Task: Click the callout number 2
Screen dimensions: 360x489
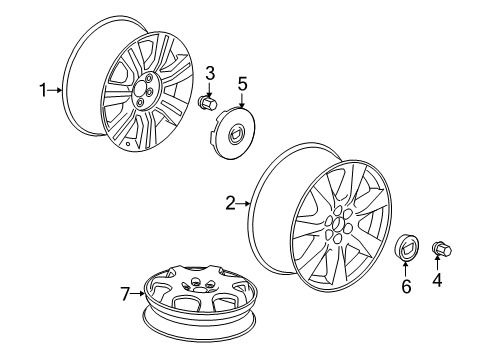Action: pos(230,204)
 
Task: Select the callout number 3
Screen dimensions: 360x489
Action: pos(211,72)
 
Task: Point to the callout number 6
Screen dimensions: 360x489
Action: pos(407,287)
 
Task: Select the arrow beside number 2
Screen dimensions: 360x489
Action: pos(244,204)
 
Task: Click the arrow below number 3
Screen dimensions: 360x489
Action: pos(211,87)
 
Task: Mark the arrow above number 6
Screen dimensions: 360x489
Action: pos(407,268)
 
